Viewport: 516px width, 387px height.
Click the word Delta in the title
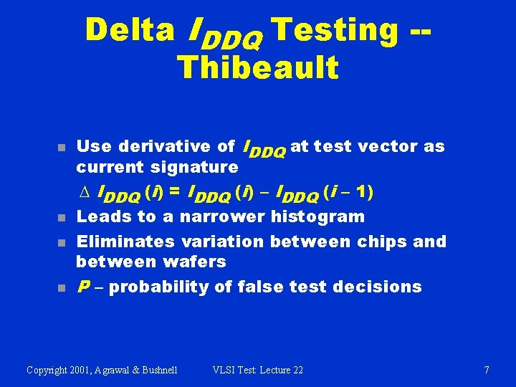pos(130,30)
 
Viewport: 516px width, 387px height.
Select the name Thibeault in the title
pos(257,67)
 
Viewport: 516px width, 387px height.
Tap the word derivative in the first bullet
pos(168,147)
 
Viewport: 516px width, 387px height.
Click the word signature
pos(194,168)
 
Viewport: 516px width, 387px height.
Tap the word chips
pos(387,242)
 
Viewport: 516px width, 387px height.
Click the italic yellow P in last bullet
pos(82,287)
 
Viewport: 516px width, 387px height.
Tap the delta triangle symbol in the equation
pos(81,192)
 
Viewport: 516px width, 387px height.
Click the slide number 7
pos(487,370)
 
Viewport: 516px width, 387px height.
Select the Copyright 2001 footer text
pos(102,370)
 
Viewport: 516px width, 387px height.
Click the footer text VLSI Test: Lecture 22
pos(258,370)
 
